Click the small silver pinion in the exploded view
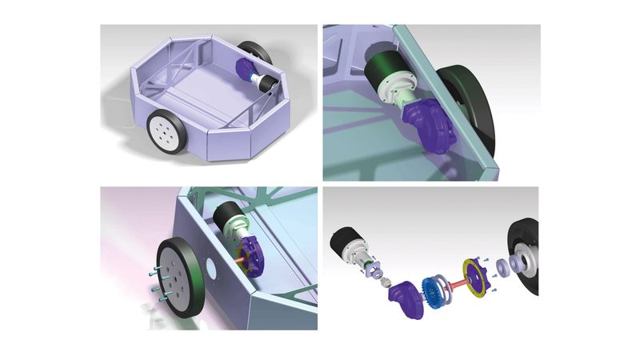(384, 281)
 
